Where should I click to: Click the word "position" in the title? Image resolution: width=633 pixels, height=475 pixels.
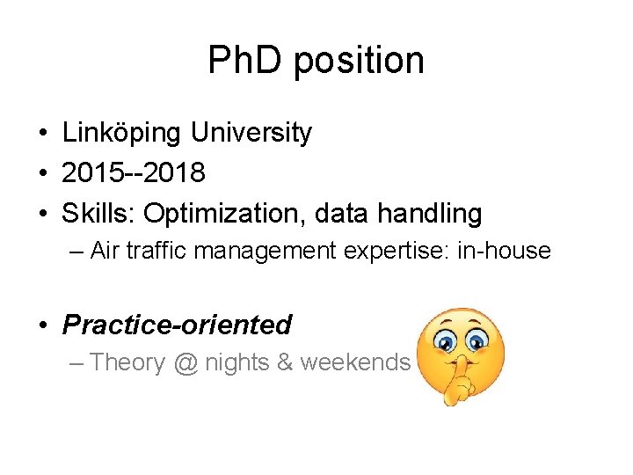tap(360, 61)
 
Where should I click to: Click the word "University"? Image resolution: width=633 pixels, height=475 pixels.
tap(252, 133)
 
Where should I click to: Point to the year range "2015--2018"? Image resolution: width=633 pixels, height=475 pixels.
tap(134, 172)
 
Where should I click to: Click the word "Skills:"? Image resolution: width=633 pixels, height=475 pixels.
tap(99, 213)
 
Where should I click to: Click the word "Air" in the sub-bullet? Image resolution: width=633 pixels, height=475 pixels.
tap(105, 251)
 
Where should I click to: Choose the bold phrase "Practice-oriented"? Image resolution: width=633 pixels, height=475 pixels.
tap(177, 325)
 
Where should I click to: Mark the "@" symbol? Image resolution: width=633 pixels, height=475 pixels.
tap(186, 362)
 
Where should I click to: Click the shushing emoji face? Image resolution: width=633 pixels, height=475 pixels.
tap(454, 354)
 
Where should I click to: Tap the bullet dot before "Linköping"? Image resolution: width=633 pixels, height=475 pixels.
tap(42, 134)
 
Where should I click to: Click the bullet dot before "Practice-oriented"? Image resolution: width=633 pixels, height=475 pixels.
tap(42, 325)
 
